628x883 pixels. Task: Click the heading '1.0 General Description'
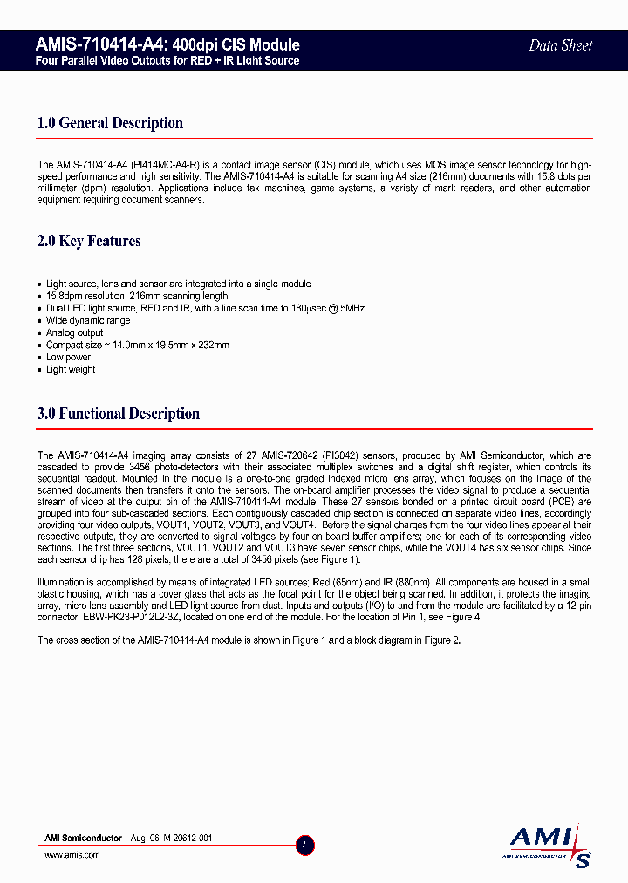coord(110,123)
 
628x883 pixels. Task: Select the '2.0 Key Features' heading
coord(89,241)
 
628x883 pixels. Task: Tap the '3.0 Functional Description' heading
coord(119,414)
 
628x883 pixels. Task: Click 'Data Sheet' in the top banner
coord(560,45)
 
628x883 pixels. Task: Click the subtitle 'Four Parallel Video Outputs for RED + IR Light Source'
coord(167,61)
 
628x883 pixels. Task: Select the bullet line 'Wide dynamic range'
coord(88,320)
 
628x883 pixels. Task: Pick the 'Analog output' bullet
coord(74,332)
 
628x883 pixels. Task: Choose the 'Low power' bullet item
coord(68,357)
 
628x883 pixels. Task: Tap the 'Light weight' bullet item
coord(71,369)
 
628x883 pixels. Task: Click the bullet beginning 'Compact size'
coord(137,345)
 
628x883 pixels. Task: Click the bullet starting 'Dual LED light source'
coord(205,308)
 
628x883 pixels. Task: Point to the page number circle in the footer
coord(304,845)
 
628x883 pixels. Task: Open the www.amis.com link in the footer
coord(72,855)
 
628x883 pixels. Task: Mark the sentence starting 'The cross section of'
coord(248,640)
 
